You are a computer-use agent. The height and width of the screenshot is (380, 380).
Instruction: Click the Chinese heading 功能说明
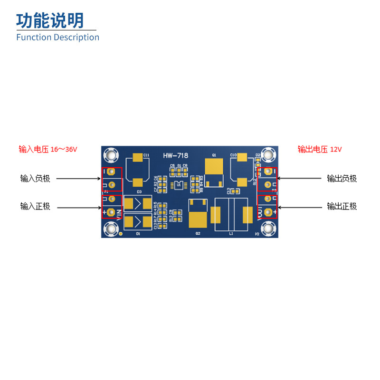[50, 20]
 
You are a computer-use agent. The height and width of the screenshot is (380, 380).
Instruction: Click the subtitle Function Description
[57, 37]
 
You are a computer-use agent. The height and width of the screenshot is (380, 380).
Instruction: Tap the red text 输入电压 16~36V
[47, 149]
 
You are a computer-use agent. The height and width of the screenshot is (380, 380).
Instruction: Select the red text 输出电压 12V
[320, 149]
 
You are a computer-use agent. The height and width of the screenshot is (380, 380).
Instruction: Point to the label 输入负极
[35, 179]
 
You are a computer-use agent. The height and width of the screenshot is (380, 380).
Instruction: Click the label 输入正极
[35, 206]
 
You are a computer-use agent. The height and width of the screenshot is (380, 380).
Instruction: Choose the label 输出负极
[342, 179]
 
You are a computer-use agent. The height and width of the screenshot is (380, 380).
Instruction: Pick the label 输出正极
[342, 206]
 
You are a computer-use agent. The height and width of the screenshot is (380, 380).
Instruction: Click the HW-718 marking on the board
[176, 156]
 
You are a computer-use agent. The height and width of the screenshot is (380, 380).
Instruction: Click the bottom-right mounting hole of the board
[269, 229]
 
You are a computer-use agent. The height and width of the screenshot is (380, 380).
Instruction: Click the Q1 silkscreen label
[214, 155]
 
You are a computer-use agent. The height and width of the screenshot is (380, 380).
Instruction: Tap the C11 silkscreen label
[146, 155]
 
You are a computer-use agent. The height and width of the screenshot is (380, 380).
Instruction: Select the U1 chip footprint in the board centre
[179, 185]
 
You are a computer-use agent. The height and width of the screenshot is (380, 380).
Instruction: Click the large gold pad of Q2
[198, 219]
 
